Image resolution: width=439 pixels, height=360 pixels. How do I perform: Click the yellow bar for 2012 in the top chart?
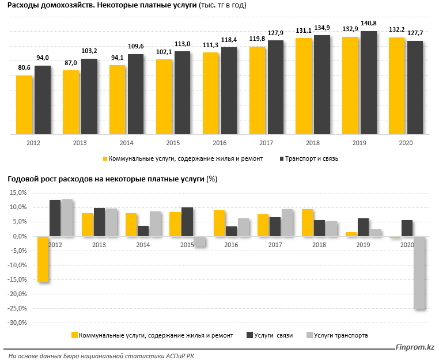(24, 105)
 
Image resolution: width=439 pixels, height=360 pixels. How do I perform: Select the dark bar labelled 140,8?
(369, 83)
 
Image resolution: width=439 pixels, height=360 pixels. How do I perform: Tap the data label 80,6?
(24, 68)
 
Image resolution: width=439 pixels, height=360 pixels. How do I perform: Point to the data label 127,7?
(415, 33)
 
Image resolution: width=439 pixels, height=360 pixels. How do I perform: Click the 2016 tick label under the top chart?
(219, 143)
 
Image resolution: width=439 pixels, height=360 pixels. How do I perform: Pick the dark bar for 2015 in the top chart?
(182, 93)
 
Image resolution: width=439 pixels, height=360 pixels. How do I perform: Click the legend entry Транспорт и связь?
(312, 159)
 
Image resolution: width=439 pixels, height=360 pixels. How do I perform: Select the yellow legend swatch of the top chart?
(105, 159)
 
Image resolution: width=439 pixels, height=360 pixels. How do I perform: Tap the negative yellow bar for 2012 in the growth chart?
(43, 259)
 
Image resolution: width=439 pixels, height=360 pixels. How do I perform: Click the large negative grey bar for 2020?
(419, 273)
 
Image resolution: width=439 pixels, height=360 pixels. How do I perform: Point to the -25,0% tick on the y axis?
(18, 309)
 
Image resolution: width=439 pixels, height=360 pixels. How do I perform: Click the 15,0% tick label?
(18, 192)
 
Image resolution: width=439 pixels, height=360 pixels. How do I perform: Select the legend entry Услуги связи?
(273, 335)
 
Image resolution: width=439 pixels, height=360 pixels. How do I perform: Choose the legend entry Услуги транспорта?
(340, 335)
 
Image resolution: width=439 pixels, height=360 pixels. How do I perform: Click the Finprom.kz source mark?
(415, 347)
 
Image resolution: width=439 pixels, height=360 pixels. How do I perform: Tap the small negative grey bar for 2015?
(199, 241)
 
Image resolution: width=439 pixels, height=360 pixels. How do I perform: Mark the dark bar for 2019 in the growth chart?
(363, 228)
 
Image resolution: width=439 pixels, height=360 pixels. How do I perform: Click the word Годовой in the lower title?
(23, 179)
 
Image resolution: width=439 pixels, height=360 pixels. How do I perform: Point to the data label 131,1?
(304, 31)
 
